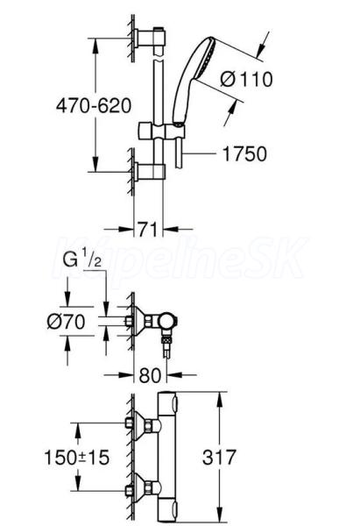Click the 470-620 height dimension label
click(94, 106)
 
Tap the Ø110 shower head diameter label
click(246, 80)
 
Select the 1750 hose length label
click(244, 154)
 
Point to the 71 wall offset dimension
click(147, 230)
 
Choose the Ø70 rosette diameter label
click(66, 322)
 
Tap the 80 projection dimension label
click(150, 375)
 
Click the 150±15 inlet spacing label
click(77, 458)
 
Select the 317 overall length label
click(219, 458)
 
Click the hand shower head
click(194, 79)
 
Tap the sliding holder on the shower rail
click(161, 131)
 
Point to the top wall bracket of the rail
click(150, 39)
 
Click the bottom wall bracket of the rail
click(150, 172)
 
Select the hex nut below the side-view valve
click(166, 340)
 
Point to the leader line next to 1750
click(200, 154)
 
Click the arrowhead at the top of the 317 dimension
click(220, 400)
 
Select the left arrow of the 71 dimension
click(118, 230)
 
